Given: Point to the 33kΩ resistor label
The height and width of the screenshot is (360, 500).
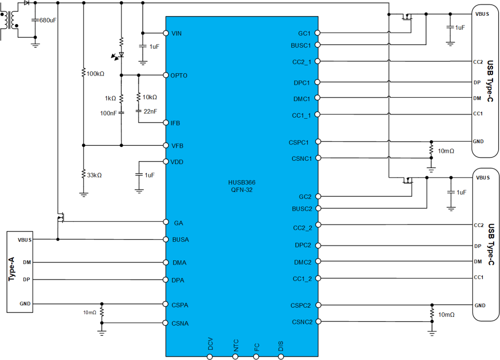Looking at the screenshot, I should (x=94, y=175).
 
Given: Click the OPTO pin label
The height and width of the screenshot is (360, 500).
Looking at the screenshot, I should (x=179, y=76).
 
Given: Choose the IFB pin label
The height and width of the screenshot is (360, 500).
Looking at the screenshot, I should (x=175, y=123).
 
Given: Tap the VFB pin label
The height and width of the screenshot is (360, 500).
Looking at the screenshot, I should (x=177, y=145).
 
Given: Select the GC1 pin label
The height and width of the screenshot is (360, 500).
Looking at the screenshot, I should (x=305, y=33).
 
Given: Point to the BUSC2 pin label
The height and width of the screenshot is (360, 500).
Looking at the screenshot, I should (x=302, y=208).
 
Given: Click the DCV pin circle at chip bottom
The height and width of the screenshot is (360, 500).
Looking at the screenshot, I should (x=210, y=357).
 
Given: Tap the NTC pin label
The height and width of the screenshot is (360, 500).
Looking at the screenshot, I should (x=236, y=345).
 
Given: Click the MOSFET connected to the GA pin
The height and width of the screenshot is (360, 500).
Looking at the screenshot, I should (x=59, y=218).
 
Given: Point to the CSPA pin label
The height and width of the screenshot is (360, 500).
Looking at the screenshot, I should (x=180, y=305).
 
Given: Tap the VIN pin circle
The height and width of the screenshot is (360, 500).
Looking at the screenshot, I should (x=165, y=33).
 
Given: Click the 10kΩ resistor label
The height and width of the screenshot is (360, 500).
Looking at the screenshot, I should (x=150, y=97).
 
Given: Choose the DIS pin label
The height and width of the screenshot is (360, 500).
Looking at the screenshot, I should (x=281, y=346).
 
